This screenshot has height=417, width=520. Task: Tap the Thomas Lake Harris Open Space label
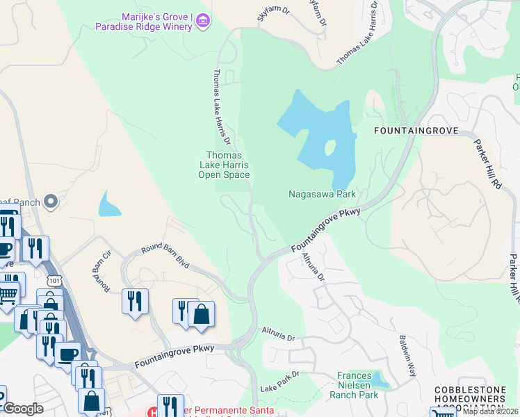224,165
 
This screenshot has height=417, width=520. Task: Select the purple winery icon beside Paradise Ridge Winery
202,22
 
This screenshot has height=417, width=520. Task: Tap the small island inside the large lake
330,148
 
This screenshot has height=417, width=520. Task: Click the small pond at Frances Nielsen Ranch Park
379,379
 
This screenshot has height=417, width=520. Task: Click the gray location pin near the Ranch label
50,202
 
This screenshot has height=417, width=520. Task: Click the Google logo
23,409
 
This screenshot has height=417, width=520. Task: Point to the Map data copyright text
489,411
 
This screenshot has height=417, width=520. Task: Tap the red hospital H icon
153,412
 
